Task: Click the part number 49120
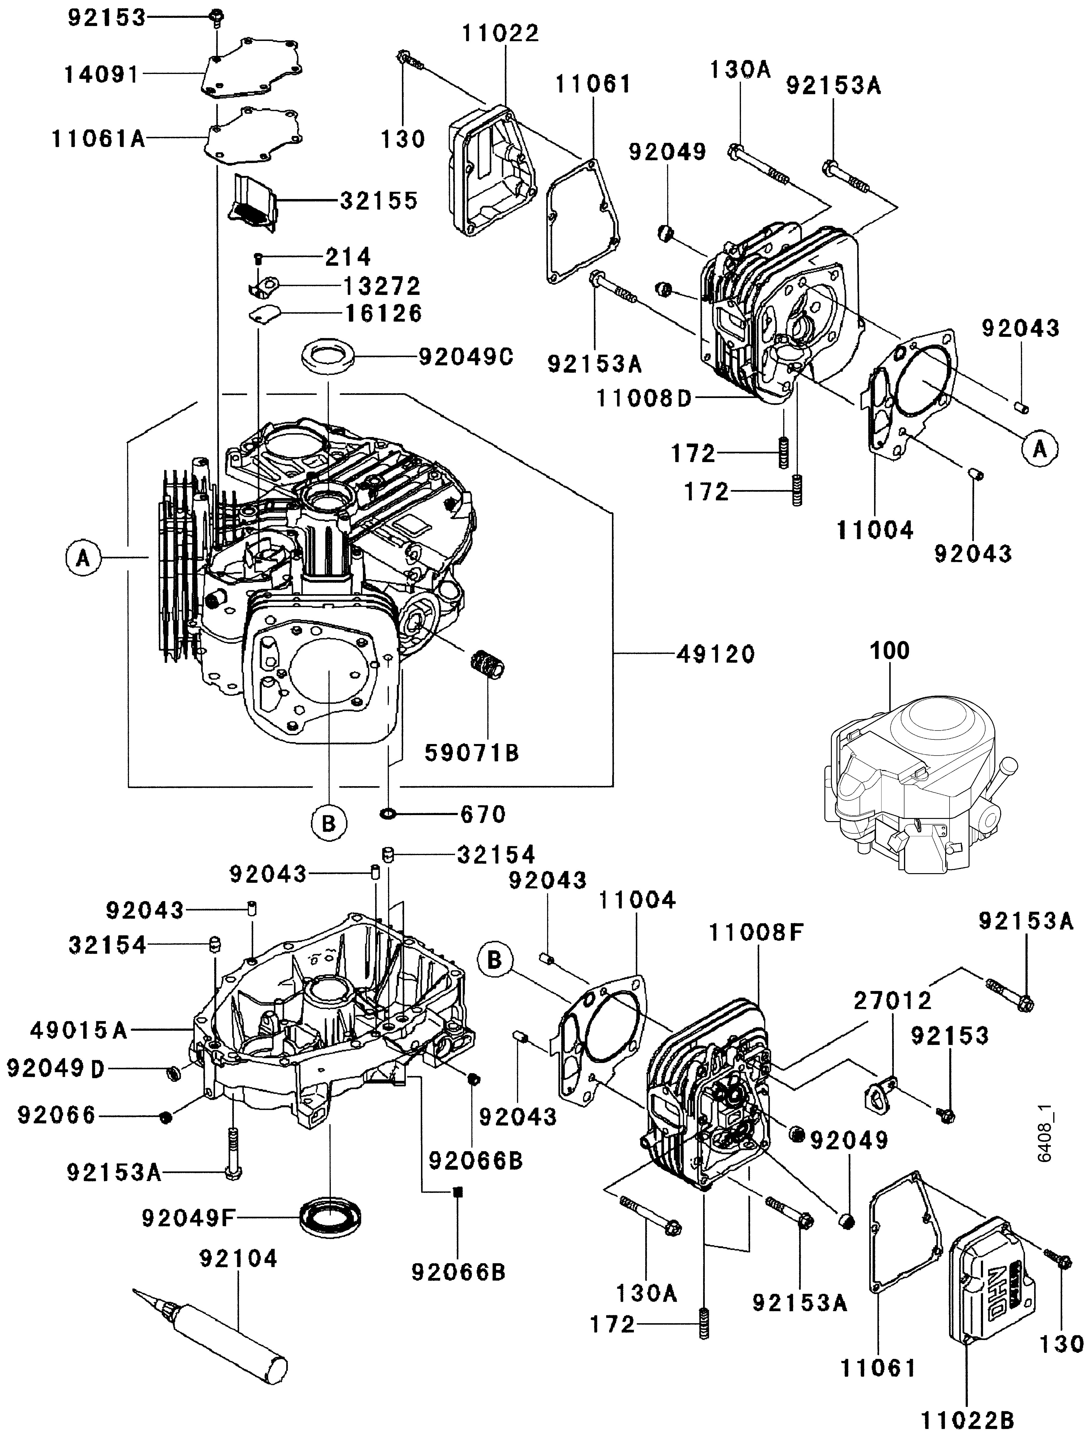[x=716, y=655]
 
